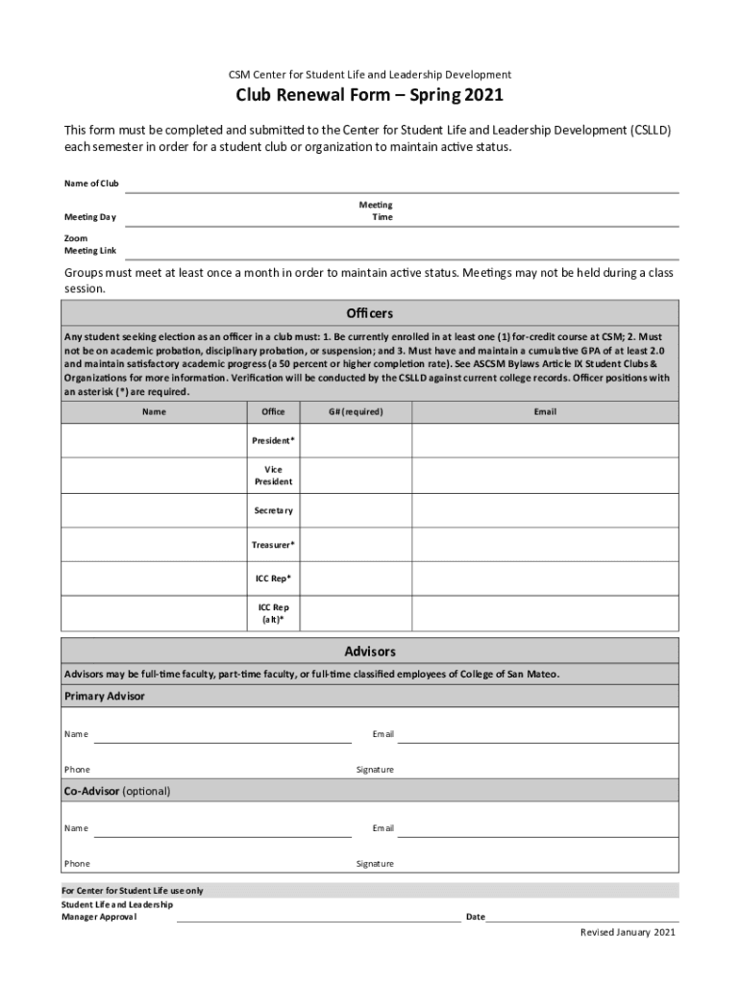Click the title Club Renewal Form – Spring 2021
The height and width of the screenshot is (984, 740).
(370, 97)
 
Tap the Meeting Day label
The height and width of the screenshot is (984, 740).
(90, 217)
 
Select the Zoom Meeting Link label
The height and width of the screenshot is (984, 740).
(90, 244)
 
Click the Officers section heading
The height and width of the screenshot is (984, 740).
(370, 314)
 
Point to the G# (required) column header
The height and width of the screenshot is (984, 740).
(356, 412)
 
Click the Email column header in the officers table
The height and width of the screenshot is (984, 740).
(545, 412)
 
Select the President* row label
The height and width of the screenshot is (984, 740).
(273, 440)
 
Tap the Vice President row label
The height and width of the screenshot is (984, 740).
(273, 476)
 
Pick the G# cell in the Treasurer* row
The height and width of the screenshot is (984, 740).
(356, 545)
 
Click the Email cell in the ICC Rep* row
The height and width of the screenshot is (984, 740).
(545, 578)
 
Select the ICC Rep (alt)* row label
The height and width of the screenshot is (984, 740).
(273, 614)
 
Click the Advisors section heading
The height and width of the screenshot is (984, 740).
(370, 652)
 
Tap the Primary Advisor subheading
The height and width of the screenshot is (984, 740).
(105, 697)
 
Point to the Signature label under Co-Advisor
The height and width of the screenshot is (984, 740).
(375, 864)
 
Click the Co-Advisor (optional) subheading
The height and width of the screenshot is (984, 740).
(117, 792)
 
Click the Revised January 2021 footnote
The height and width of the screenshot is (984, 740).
(628, 933)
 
